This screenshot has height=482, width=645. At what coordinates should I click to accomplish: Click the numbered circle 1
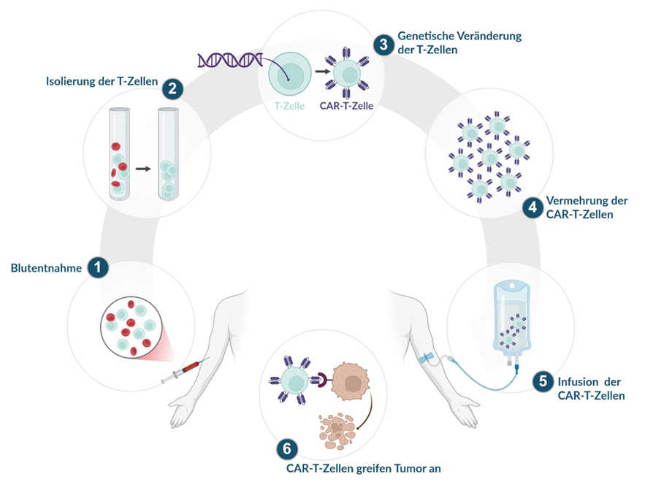pyautogui.click(x=98, y=268)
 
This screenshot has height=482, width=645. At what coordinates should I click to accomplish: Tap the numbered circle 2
pyautogui.click(x=173, y=90)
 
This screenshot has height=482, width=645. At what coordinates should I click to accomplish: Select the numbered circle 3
pyautogui.click(x=383, y=44)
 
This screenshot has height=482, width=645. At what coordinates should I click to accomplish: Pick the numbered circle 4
pyautogui.click(x=533, y=207)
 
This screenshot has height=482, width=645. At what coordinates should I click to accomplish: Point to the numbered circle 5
pyautogui.click(x=541, y=380)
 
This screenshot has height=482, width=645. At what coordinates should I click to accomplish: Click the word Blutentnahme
pyautogui.click(x=46, y=268)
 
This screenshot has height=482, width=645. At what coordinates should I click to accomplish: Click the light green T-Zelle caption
pyautogui.click(x=289, y=106)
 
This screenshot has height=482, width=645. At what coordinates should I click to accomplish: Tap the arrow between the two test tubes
pyautogui.click(x=143, y=169)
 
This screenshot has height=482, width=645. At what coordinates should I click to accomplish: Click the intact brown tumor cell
pyautogui.click(x=352, y=381)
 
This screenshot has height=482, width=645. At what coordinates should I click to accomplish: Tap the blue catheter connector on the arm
pyautogui.click(x=427, y=359)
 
